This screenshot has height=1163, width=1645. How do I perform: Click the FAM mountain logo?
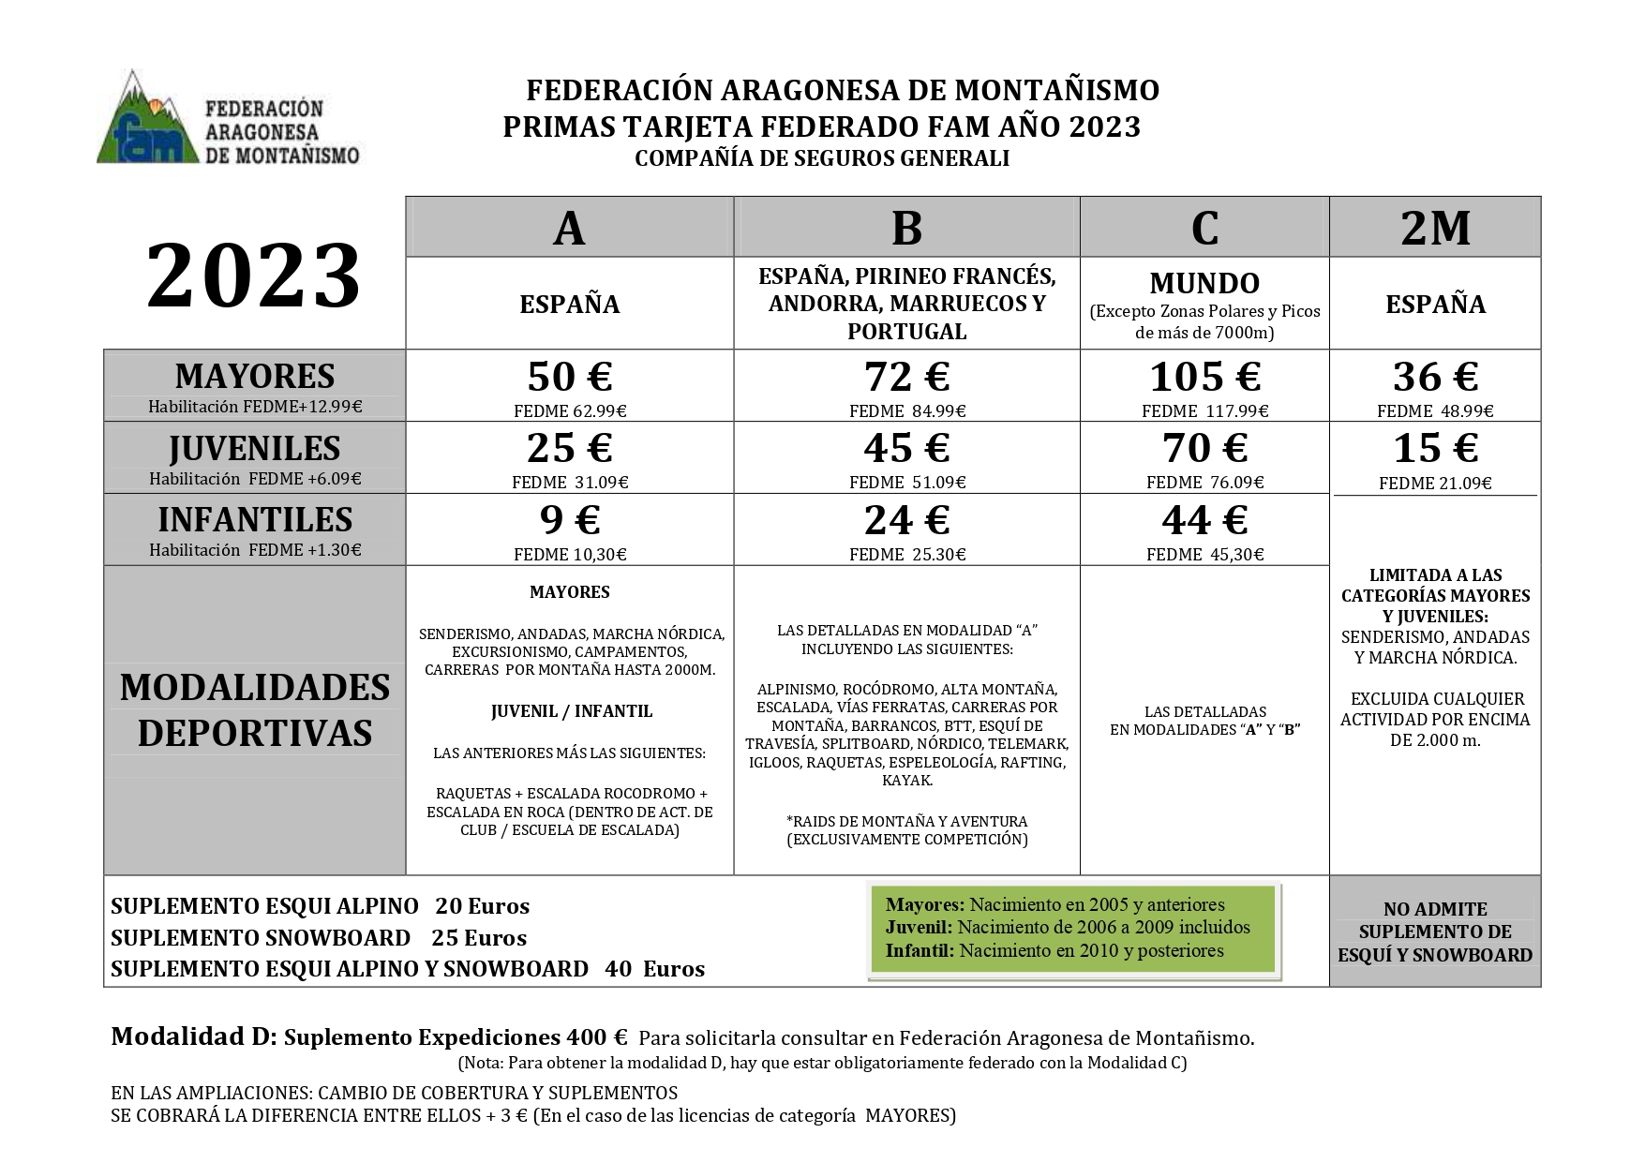(149, 121)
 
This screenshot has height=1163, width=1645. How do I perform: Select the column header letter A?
(569, 228)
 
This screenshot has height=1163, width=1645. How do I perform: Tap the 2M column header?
(1435, 228)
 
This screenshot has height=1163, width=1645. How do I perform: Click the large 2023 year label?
(253, 276)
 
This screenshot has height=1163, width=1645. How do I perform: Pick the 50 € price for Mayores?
(569, 377)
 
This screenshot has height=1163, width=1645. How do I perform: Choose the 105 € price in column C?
(1204, 377)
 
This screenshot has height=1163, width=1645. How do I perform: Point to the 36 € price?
(1435, 377)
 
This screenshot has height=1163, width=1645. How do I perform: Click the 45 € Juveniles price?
(906, 448)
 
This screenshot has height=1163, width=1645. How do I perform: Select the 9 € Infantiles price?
(569, 520)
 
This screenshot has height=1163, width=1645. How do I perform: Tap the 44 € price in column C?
(1204, 520)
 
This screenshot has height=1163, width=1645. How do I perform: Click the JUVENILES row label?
(254, 449)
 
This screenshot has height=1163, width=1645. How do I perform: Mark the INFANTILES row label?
(254, 520)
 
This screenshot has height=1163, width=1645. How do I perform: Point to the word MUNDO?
(1204, 283)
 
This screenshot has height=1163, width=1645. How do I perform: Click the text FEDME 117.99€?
(1204, 410)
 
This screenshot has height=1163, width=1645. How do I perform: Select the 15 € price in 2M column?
(1435, 448)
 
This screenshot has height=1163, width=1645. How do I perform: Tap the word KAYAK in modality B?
(906, 781)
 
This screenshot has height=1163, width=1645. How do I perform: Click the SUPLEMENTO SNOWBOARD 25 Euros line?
(319, 938)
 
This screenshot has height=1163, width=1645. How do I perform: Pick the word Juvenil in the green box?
(918, 928)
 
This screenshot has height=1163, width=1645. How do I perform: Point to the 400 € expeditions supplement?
(596, 1037)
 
